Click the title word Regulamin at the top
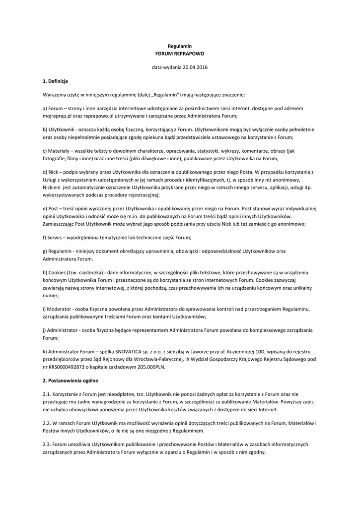(x=180, y=46)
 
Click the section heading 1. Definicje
(x=56, y=81)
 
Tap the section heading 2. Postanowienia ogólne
(x=71, y=381)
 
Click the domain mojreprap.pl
(x=59, y=116)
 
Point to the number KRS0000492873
(x=70, y=367)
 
